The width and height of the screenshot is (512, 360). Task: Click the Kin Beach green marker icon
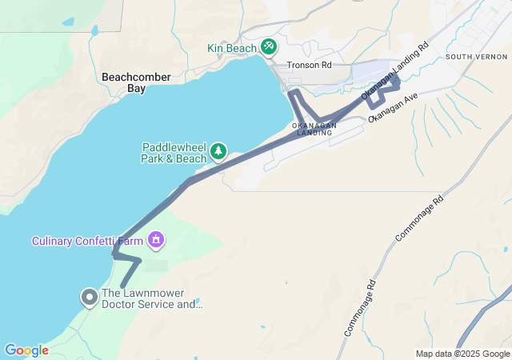tap(269, 46)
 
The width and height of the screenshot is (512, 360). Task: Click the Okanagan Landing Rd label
tap(395, 72)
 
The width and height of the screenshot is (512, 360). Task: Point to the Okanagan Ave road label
tap(394, 107)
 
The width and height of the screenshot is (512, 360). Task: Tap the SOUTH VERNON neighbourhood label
tap(476, 57)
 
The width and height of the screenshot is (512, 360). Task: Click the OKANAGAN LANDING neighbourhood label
tap(314, 130)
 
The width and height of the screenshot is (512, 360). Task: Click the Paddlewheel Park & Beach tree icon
tap(218, 151)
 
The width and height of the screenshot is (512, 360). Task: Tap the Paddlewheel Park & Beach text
tap(174, 153)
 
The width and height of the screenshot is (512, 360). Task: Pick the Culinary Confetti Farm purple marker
tap(157, 239)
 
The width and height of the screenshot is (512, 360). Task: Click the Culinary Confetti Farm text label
tap(88, 241)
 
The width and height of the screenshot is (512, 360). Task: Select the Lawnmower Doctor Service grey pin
tap(89, 298)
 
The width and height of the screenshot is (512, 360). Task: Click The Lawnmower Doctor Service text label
tap(152, 298)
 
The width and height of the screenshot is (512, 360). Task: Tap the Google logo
tap(26, 350)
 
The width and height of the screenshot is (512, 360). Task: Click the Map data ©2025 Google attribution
tap(462, 354)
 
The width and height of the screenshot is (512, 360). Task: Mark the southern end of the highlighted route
tap(122, 286)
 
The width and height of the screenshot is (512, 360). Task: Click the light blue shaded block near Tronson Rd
tap(370, 72)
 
